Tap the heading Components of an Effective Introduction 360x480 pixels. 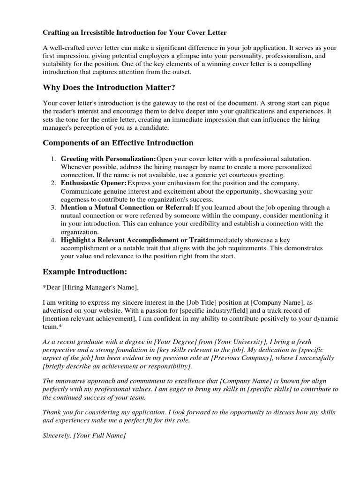(x=118, y=142)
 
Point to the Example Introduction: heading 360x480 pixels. (x=85, y=271)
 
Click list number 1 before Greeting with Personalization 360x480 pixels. (x=54, y=159)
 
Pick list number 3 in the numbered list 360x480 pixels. (x=54, y=207)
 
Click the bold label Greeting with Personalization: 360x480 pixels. (x=108, y=159)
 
